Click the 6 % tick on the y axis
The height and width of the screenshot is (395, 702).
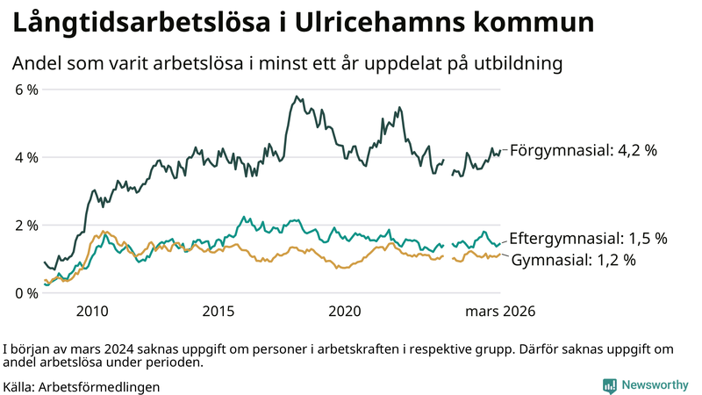click(25, 90)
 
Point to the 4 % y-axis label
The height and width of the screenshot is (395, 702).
click(25, 157)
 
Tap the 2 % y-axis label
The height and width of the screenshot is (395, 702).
click(25, 225)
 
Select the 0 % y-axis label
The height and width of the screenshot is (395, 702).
click(25, 292)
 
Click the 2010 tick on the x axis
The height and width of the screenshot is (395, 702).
click(92, 312)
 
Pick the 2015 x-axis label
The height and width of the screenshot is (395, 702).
click(218, 312)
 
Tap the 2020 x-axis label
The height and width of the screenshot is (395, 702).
click(345, 312)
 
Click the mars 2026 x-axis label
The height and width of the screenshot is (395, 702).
click(500, 312)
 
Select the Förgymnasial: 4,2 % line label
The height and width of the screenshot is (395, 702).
click(584, 150)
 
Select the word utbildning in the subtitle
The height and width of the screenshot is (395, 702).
click(513, 63)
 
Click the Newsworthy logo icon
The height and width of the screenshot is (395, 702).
click(609, 385)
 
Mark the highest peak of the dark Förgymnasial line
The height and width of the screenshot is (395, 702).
click(297, 97)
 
